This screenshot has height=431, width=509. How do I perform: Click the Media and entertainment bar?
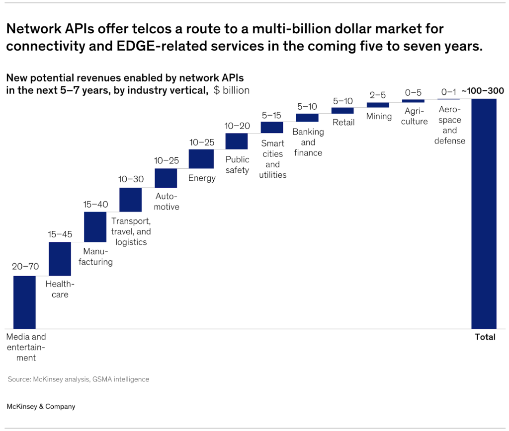(24, 302)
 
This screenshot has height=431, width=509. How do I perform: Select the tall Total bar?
(484, 214)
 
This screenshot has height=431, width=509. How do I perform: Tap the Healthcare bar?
(60, 259)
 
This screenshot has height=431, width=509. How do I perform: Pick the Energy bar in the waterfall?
(201, 159)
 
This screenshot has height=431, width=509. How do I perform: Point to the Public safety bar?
(237, 142)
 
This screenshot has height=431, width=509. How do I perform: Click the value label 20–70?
(25, 267)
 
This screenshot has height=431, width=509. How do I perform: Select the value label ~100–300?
(483, 91)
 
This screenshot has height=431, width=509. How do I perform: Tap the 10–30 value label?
(131, 179)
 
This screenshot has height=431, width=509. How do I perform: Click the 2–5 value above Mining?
(378, 95)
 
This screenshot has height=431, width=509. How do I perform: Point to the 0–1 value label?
(448, 92)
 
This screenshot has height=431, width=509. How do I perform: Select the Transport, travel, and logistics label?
(131, 231)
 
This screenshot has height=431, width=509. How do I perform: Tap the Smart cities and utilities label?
(272, 159)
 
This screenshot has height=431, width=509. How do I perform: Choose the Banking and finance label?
(308, 142)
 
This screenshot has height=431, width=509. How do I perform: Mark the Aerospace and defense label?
(449, 125)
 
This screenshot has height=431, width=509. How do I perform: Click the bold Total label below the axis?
(485, 337)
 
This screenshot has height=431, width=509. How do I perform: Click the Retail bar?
(342, 110)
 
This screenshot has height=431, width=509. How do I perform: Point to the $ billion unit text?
(232, 90)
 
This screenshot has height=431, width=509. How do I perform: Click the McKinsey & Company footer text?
(41, 407)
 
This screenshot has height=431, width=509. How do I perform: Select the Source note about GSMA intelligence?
(78, 379)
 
